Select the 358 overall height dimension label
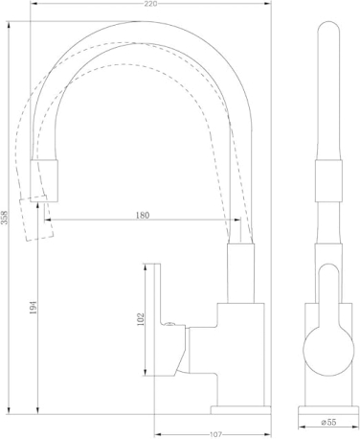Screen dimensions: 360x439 tap(5, 218)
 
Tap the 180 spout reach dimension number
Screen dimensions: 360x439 tap(143, 216)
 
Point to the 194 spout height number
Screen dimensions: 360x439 tap(34, 308)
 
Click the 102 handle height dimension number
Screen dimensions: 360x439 tap(141, 319)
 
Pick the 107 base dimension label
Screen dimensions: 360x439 tap(215, 435)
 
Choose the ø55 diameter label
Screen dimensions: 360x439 tap(329, 423)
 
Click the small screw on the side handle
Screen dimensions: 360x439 tap(169, 324)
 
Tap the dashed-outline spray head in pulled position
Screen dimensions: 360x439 tap(36, 218)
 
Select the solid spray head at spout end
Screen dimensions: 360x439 tap(44, 181)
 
